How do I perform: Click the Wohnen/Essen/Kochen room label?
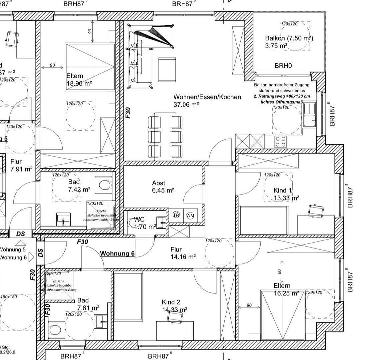pos(207,97)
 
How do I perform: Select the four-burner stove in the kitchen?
pos(280,142)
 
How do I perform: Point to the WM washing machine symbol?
pos(190,215)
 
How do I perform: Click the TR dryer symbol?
pos(177,215)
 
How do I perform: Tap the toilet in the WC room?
pos(132,222)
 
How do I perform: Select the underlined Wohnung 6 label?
pos(117,254)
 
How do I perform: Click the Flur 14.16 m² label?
pos(183,253)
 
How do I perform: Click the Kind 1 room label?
pos(282,190)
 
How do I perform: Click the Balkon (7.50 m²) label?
pos(289,38)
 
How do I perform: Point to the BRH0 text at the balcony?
pos(283,66)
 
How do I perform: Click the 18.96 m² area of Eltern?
pos(79,84)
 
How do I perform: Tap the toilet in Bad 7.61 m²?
pos(55,330)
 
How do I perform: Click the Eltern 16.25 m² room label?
pos(282,289)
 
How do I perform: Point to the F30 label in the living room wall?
pos(128,112)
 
